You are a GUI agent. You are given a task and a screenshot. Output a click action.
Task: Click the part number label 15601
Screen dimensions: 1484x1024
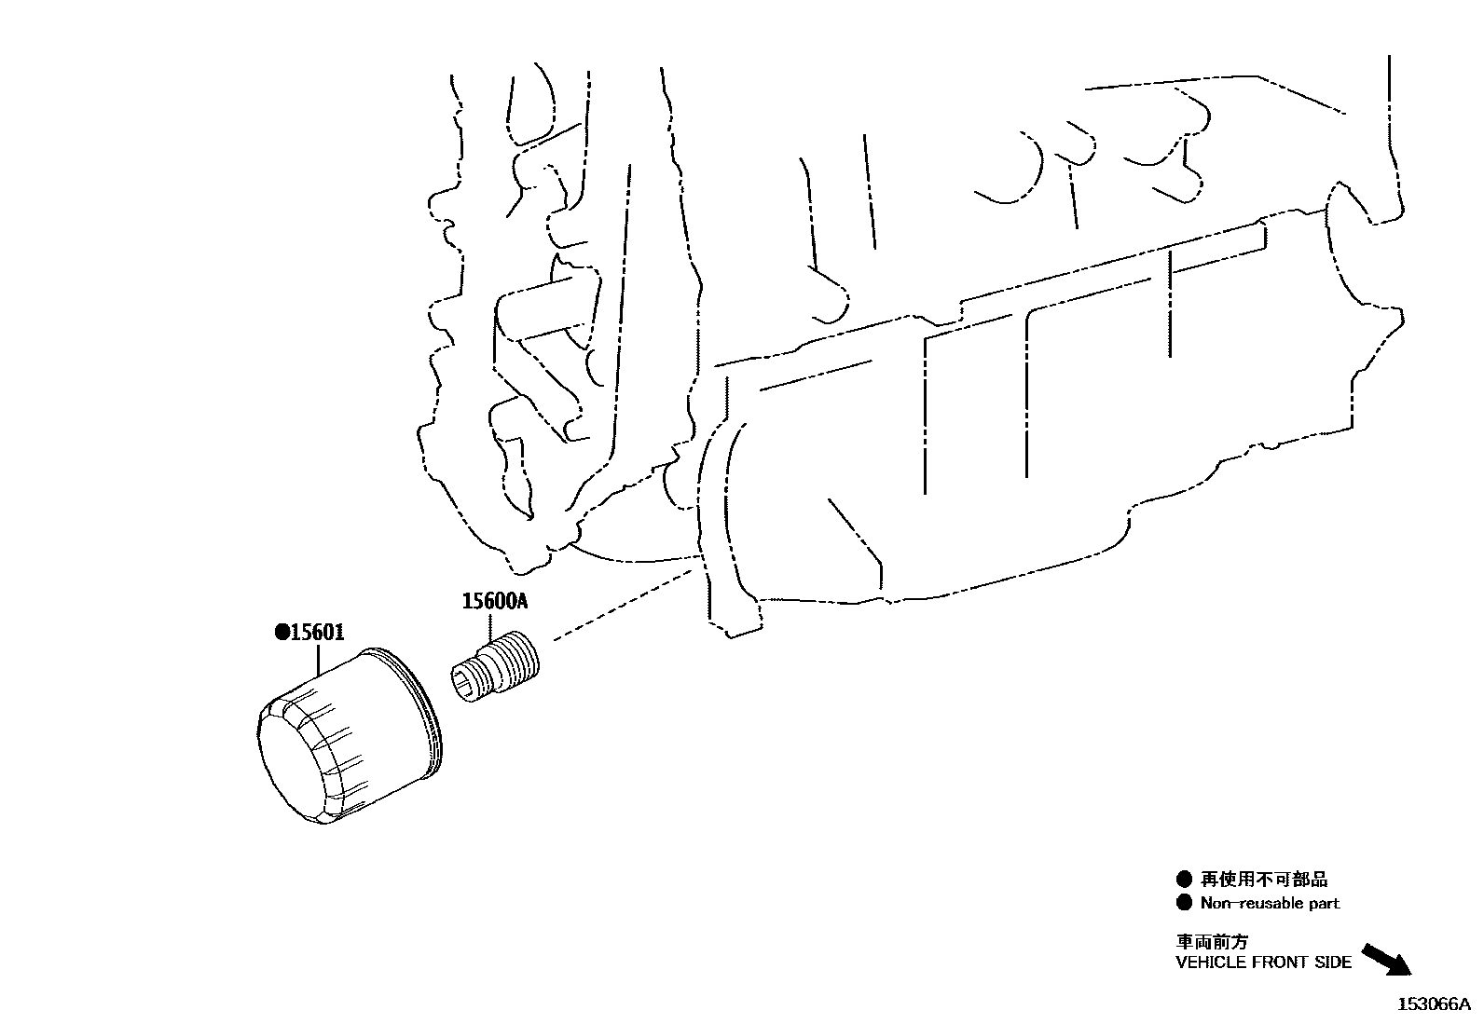(317, 632)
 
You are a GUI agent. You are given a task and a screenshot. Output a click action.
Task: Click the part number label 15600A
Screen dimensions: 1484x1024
(494, 601)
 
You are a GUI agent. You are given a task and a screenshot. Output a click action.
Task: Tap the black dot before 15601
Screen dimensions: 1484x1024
(282, 633)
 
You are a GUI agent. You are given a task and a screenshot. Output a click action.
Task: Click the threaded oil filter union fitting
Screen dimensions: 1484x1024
(495, 666)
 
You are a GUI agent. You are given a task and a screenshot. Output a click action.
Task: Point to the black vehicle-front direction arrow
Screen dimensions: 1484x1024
(1387, 960)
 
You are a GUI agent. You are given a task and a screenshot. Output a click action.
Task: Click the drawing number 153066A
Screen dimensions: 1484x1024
(1434, 1004)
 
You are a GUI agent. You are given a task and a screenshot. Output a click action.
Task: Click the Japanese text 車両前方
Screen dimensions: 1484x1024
(1212, 941)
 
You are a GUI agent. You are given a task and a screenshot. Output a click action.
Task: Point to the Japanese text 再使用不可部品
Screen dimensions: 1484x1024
(1264, 880)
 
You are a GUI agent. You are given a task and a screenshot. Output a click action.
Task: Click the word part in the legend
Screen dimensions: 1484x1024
(1323, 904)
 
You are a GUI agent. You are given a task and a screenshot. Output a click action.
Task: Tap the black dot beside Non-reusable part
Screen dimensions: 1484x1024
(1184, 903)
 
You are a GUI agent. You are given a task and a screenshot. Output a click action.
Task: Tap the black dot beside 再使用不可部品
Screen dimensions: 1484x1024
(1184, 880)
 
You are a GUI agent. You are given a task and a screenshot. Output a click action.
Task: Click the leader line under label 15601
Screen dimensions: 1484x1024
(319, 660)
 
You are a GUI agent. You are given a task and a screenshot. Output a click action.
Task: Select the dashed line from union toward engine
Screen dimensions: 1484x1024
(623, 604)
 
